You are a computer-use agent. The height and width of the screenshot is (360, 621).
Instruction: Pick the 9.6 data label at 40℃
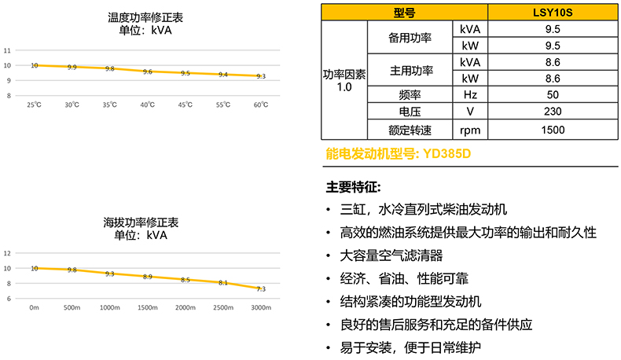coord(148,72)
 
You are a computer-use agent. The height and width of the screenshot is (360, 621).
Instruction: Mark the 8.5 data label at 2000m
coord(186,280)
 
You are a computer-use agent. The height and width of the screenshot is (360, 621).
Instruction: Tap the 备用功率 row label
coord(411,37)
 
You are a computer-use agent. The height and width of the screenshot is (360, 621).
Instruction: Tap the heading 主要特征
coord(353,188)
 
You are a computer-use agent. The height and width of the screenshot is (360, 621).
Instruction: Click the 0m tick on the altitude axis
coord(34,307)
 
